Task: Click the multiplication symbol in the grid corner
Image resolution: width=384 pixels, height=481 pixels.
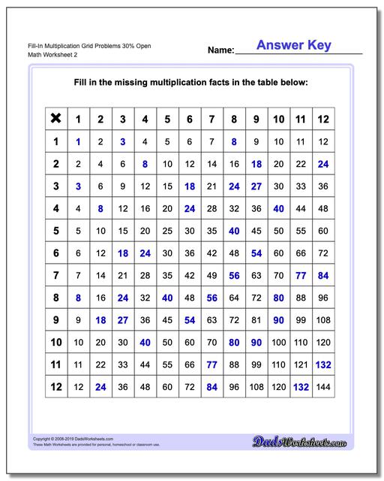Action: click(x=55, y=118)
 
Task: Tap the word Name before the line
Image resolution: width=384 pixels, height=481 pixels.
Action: click(x=220, y=50)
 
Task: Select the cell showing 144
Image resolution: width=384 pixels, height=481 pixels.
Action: click(x=325, y=387)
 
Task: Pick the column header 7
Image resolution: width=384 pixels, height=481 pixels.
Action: click(x=211, y=118)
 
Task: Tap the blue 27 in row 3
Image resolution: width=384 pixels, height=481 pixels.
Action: click(x=256, y=186)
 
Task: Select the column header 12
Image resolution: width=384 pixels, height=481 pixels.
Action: click(x=325, y=118)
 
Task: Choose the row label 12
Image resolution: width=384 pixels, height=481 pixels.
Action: click(x=55, y=387)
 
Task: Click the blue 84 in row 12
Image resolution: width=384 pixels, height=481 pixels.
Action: click(x=211, y=387)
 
